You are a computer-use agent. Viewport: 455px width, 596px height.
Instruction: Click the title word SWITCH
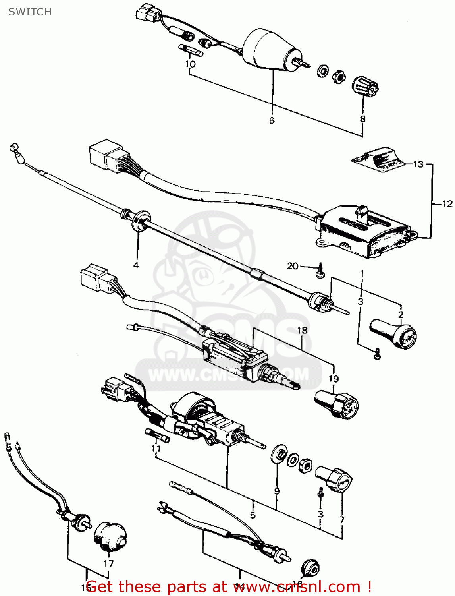tap(30, 12)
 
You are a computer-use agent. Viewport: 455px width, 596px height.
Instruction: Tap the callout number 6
tap(272, 120)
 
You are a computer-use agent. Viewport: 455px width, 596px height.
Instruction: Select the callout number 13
tap(418, 164)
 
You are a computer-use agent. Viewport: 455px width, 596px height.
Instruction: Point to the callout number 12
tap(447, 204)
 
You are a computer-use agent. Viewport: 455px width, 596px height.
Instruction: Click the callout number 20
tap(293, 266)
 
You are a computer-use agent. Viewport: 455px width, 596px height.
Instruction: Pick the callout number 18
tap(302, 330)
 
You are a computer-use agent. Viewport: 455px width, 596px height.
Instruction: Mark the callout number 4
tap(136, 265)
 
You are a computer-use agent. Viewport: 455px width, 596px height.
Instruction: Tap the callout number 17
tap(108, 563)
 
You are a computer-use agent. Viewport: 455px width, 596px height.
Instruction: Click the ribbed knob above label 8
tap(365, 86)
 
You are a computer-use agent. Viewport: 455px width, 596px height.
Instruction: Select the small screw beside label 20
tap(320, 272)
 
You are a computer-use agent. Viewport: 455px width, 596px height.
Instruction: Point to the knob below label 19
tap(337, 403)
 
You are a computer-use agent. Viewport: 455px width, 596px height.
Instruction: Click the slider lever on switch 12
tap(361, 213)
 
